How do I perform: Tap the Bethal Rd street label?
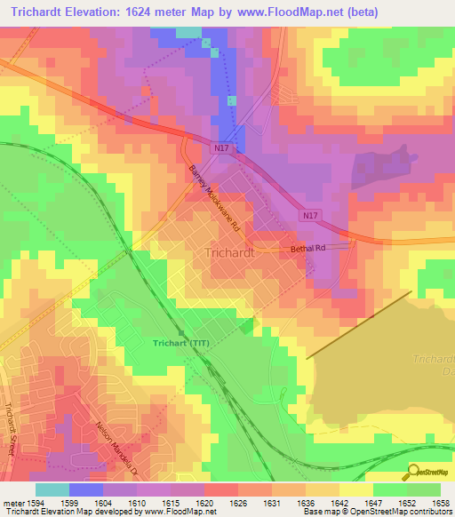click(x=309, y=250)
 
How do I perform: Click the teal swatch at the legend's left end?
click(x=52, y=489)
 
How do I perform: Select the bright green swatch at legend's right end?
click(x=423, y=489)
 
